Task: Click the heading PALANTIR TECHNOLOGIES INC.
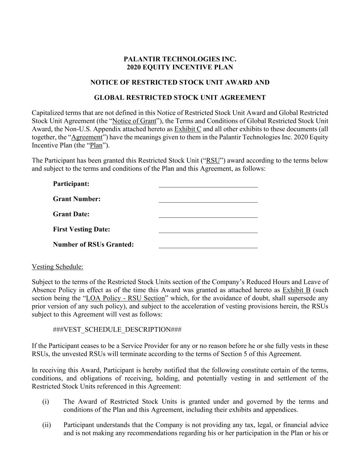pyautogui.click(x=180, y=59)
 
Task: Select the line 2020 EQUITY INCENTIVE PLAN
pyautogui.click(x=180, y=67)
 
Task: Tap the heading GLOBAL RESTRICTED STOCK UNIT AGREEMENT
pyautogui.click(x=180, y=98)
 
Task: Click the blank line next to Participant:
pyautogui.click(x=208, y=184)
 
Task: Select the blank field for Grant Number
pyautogui.click(x=208, y=200)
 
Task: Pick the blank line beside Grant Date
pyautogui.click(x=208, y=215)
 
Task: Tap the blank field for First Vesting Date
pyautogui.click(x=208, y=230)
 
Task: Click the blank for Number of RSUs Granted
pyautogui.click(x=208, y=245)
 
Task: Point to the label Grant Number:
pyautogui.click(x=77, y=199)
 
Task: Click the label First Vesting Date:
pyautogui.click(x=82, y=229)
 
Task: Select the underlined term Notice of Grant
pyautogui.click(x=134, y=121)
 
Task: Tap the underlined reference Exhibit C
pyautogui.click(x=188, y=129)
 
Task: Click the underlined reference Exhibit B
pyautogui.click(x=296, y=290)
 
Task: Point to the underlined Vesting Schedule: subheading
pyautogui.click(x=57, y=267)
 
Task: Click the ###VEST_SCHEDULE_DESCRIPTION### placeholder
pyautogui.click(x=117, y=330)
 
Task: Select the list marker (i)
pyautogui.click(x=46, y=402)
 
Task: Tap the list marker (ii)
pyautogui.click(x=46, y=425)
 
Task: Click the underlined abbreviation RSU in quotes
pyautogui.click(x=213, y=161)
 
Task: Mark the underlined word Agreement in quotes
pyautogui.click(x=87, y=137)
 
